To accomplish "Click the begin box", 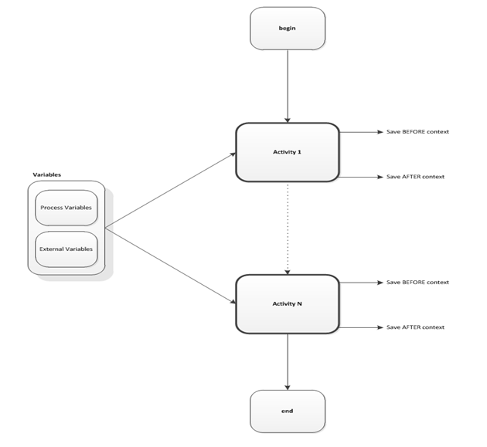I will click(288, 28).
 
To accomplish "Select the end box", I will click(288, 411).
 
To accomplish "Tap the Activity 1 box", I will click(288, 152).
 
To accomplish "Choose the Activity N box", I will click(288, 304).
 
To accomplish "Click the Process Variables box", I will click(66, 208).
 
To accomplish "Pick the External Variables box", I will click(66, 249).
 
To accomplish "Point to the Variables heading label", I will click(46, 174).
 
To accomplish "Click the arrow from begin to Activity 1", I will click(288, 85).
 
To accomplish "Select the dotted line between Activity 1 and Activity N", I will click(288, 228).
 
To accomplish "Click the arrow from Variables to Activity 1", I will click(170, 190).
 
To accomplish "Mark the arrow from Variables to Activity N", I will click(170, 265).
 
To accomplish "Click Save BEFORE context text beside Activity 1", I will click(417, 132).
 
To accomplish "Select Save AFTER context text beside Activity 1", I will click(415, 177).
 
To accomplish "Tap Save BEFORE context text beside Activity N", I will click(417, 283).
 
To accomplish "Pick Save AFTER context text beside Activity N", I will click(415, 327).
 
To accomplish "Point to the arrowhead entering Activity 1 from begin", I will click(288, 119).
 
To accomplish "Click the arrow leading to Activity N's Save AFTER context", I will click(359, 327).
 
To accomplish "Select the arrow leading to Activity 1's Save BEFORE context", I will click(359, 132).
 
